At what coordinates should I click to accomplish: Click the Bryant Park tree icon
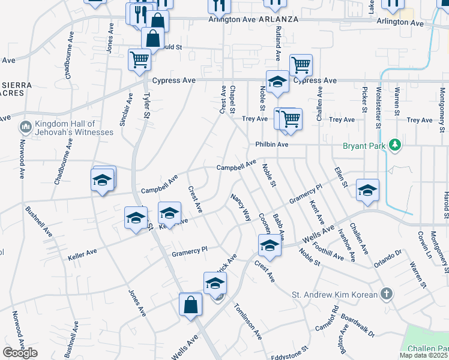(x=394, y=145)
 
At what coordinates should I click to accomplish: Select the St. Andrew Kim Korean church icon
(x=387, y=294)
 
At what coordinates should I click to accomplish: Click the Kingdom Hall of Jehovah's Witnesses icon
(x=26, y=127)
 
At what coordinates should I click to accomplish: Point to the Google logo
(x=20, y=353)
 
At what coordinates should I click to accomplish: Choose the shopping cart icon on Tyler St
(x=139, y=60)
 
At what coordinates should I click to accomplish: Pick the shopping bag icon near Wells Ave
(x=190, y=304)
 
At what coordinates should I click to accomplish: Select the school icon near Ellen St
(x=367, y=190)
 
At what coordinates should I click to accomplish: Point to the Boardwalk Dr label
(x=357, y=325)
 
